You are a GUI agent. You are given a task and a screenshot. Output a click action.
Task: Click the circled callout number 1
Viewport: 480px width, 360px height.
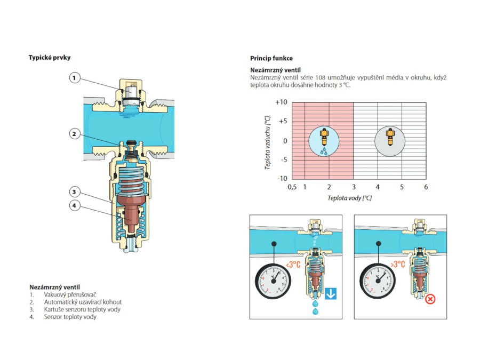(x=75, y=78)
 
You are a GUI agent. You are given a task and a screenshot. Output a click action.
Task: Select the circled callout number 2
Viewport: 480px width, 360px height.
(x=75, y=134)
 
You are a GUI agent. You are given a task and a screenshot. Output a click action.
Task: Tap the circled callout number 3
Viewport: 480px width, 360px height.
(x=75, y=191)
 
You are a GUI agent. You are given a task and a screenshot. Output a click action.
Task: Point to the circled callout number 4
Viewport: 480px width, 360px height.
(x=75, y=205)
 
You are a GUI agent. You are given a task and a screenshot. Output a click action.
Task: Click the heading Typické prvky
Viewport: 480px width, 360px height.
(x=50, y=58)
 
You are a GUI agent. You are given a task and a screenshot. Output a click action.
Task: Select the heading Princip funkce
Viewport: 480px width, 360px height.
(x=271, y=58)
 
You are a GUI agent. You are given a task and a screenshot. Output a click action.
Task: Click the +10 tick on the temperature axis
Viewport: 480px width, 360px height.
(x=281, y=102)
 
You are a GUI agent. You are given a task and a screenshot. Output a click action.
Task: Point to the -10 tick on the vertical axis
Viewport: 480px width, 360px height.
(x=281, y=178)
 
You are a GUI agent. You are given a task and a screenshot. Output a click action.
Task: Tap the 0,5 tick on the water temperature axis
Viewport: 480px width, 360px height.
(x=292, y=187)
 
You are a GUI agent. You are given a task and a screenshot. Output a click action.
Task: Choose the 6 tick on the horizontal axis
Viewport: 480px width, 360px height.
(x=426, y=187)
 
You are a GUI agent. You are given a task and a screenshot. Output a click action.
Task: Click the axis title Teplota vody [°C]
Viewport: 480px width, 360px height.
(x=350, y=198)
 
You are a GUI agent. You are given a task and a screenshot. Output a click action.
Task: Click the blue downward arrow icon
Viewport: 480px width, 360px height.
(x=331, y=293)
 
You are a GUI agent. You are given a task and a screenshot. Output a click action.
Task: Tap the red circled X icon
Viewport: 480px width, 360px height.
(x=430, y=299)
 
